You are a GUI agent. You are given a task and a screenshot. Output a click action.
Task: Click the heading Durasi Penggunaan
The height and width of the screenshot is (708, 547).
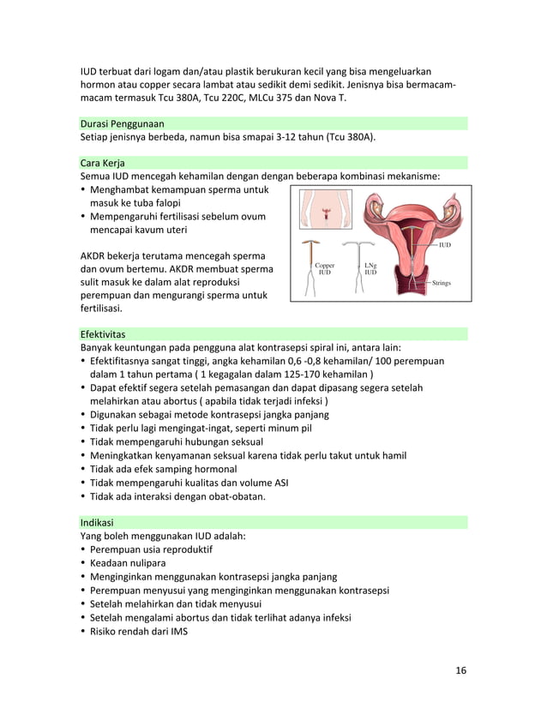[122, 123]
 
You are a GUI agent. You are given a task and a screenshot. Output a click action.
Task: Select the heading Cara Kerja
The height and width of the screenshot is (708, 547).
[100, 162]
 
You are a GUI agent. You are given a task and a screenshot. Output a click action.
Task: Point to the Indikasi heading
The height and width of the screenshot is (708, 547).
[96, 521]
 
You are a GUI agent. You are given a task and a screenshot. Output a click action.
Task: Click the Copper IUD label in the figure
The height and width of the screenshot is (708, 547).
[325, 269]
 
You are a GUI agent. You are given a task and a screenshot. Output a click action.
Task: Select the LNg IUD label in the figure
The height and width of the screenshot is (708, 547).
[370, 269]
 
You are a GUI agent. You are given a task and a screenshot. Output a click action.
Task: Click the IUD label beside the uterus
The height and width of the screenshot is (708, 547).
[444, 245]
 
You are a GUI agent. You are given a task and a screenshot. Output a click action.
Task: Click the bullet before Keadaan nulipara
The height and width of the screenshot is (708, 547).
[83, 563]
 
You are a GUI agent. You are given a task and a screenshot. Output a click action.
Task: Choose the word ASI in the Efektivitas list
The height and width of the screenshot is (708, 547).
[279, 483]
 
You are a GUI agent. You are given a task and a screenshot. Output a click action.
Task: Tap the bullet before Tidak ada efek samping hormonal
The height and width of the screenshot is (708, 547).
[83, 469]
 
